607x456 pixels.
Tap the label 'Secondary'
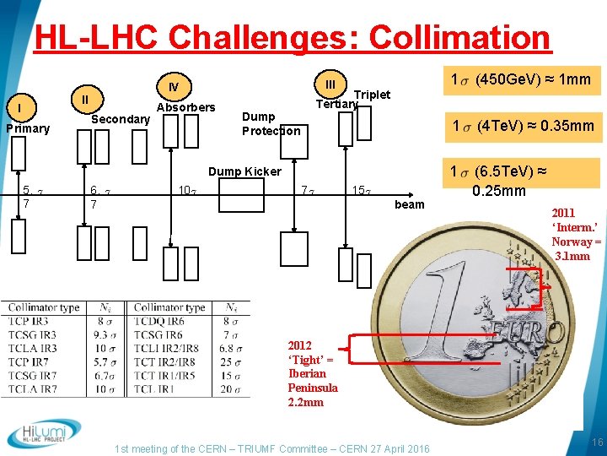point(120,119)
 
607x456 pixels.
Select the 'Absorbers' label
point(186,107)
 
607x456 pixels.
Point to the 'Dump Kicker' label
point(244,171)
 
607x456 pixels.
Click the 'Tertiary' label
point(336,104)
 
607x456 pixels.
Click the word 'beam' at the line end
point(410,204)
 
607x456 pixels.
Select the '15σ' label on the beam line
point(360,189)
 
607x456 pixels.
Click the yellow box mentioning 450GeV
point(520,81)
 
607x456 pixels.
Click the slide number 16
point(594,443)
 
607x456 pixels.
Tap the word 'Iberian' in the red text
point(308,373)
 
